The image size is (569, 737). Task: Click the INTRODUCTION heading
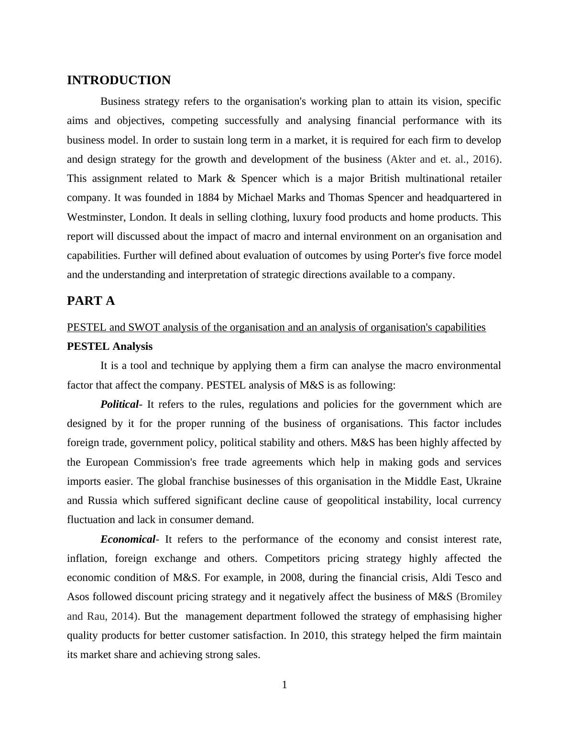(119, 80)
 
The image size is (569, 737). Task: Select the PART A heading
(91, 301)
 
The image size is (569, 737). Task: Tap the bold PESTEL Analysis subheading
(109, 346)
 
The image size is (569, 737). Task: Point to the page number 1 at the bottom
(284, 685)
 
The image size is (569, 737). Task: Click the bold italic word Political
(119, 404)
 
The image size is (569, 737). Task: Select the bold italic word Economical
(128, 539)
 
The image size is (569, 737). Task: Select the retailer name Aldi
(442, 578)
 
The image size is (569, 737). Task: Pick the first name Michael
(255, 198)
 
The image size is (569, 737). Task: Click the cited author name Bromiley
(480, 597)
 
